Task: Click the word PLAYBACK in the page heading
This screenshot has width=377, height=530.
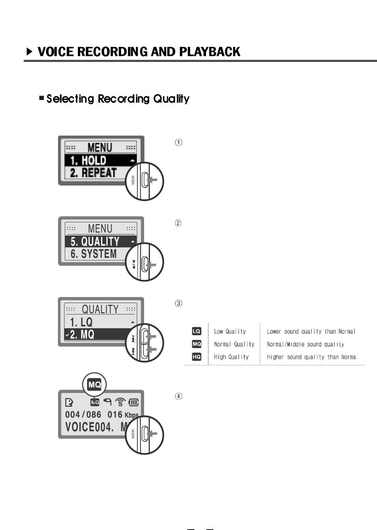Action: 210,52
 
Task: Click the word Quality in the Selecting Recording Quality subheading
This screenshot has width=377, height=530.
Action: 171,99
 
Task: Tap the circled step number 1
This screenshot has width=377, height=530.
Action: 179,143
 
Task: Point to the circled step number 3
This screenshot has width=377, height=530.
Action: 179,303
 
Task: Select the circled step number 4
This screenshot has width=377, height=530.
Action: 179,396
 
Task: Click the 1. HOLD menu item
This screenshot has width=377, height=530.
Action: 88,160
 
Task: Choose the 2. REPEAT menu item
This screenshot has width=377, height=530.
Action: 93,173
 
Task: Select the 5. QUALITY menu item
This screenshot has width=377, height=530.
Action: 95,241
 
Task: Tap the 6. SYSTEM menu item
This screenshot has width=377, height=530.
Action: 93,254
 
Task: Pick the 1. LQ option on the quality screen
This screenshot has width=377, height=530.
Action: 81,322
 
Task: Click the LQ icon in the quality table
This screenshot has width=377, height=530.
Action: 196,331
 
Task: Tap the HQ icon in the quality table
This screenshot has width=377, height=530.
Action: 196,357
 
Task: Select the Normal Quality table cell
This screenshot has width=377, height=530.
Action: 234,344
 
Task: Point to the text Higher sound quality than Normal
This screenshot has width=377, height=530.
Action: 311,357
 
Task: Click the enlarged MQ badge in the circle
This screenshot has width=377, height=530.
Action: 95,384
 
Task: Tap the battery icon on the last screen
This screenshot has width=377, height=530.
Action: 133,402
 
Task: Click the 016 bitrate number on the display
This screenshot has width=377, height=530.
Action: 115,415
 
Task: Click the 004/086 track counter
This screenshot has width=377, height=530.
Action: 83,415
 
